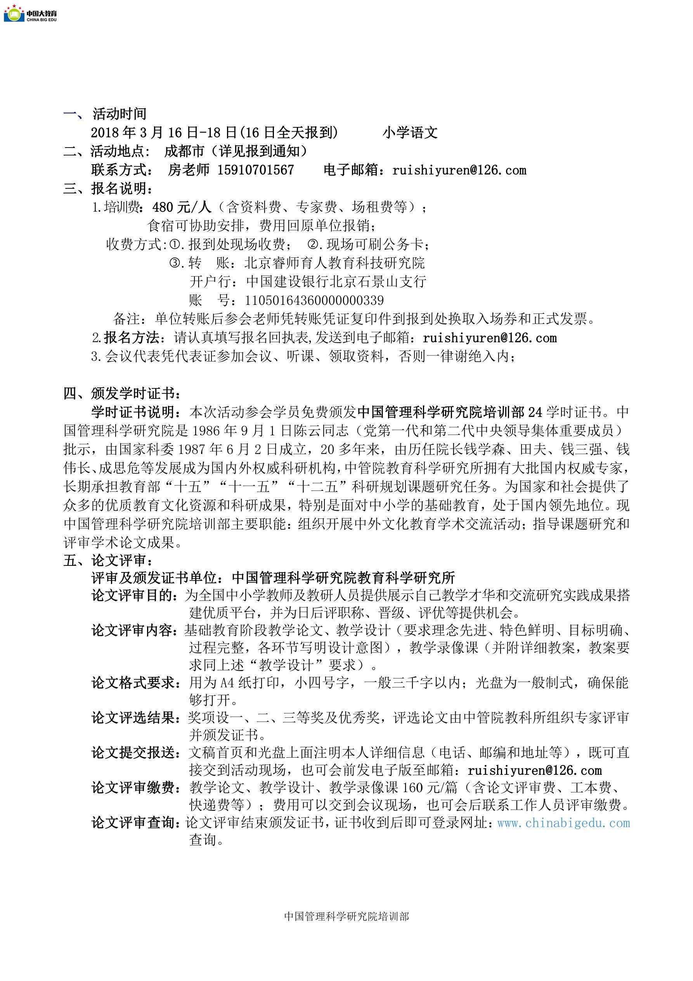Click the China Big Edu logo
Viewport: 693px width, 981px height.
point(30,13)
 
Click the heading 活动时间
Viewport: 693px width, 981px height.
point(119,114)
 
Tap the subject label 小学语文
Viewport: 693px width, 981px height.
point(410,132)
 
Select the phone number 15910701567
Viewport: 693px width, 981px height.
point(255,170)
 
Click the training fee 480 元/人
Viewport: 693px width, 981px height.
point(182,207)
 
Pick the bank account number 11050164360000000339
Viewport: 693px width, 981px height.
point(314,300)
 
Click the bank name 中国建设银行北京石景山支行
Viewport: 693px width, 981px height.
point(336,282)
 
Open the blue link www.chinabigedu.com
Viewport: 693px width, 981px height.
point(563,823)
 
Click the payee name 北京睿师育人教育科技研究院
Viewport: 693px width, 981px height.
point(334,263)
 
